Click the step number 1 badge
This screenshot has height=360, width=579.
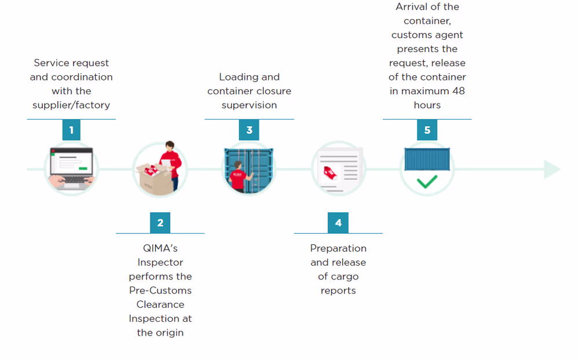pyautogui.click(x=71, y=130)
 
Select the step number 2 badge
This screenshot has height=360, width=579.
pyautogui.click(x=160, y=223)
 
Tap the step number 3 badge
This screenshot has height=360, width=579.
pyautogui.click(x=249, y=130)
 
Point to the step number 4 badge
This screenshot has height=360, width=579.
pyautogui.click(x=338, y=223)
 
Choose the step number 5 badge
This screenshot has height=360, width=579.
pyautogui.click(x=427, y=130)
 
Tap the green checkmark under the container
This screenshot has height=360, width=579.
pyautogui.click(x=427, y=182)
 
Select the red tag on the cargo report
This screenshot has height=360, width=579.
pyautogui.click(x=331, y=171)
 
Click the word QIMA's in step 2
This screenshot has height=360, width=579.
pyautogui.click(x=160, y=248)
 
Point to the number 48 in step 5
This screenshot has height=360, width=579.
pyautogui.click(x=458, y=91)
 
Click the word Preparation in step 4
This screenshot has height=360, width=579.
pyautogui.click(x=338, y=248)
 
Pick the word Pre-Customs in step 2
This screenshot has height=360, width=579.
pyautogui.click(x=160, y=291)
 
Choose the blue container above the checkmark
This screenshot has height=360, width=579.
pyautogui.click(x=427, y=159)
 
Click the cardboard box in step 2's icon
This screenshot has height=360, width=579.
pyautogui.click(x=152, y=177)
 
